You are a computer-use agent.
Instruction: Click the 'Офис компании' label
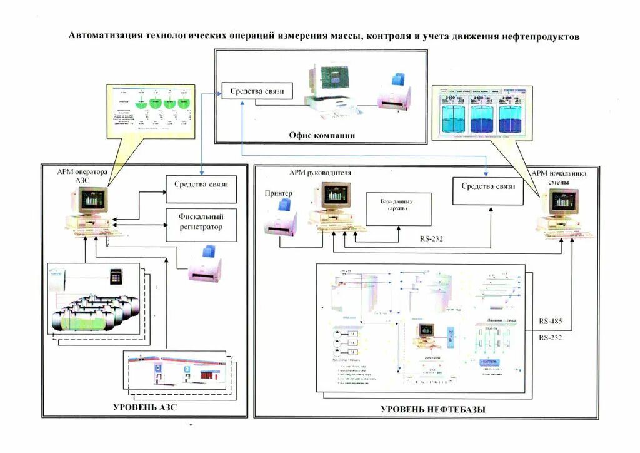tap(322, 135)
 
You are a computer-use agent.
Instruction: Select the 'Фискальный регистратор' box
tap(201, 223)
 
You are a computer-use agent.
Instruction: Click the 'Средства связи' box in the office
tap(257, 91)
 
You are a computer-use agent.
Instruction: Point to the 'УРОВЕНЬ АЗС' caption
tap(149, 408)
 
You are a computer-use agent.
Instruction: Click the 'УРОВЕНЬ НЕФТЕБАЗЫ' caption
tap(432, 409)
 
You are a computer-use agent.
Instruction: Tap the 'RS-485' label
tap(551, 322)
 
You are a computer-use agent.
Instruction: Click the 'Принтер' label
tap(278, 193)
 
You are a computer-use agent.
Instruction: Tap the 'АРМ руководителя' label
tap(320, 173)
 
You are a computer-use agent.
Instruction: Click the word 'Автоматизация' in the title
tap(104, 36)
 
